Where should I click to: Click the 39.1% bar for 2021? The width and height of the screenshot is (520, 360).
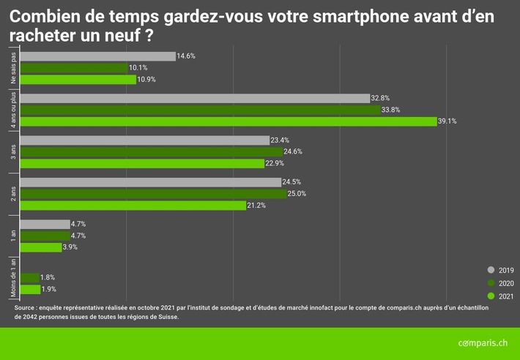click(x=228, y=121)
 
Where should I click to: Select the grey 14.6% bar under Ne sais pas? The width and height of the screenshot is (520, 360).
click(x=98, y=56)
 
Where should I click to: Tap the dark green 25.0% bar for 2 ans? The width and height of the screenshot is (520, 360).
click(x=153, y=194)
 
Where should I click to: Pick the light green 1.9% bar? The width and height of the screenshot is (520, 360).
click(x=30, y=289)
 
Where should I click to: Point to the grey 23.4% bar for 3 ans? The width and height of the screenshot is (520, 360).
click(x=145, y=140)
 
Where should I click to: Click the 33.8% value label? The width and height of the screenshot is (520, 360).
click(x=393, y=110)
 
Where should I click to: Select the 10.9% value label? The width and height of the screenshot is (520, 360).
click(x=147, y=80)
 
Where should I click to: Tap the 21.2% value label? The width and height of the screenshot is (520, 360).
click(x=256, y=206)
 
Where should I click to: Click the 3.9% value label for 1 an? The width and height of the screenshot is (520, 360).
click(x=70, y=247)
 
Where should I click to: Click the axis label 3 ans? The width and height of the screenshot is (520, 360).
click(x=14, y=152)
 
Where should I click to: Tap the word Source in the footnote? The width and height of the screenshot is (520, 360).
click(x=25, y=309)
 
